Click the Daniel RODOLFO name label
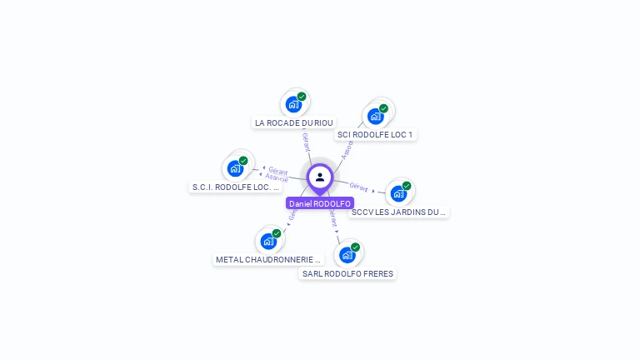click(x=320, y=203)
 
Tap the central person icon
click(x=320, y=177)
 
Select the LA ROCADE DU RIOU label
click(x=293, y=122)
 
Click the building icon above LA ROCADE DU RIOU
click(x=293, y=104)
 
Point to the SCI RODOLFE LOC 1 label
click(x=375, y=134)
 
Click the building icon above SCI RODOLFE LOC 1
click(x=376, y=115)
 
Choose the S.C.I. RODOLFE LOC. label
click(x=236, y=187)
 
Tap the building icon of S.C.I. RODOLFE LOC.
click(x=236, y=167)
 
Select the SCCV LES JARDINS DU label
click(x=399, y=212)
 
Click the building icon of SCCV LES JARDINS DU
click(x=399, y=193)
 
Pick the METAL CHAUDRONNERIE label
click(x=268, y=259)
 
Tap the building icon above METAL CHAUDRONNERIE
click(x=268, y=241)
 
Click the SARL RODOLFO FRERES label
click(x=347, y=273)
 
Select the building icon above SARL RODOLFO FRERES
click(x=347, y=254)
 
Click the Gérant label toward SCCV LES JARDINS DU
click(x=359, y=187)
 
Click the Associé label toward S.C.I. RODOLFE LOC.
click(x=276, y=178)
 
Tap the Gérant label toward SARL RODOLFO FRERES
click(x=332, y=218)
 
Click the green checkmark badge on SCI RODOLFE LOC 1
click(x=383, y=108)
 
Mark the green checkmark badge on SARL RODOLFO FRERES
click(x=355, y=247)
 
